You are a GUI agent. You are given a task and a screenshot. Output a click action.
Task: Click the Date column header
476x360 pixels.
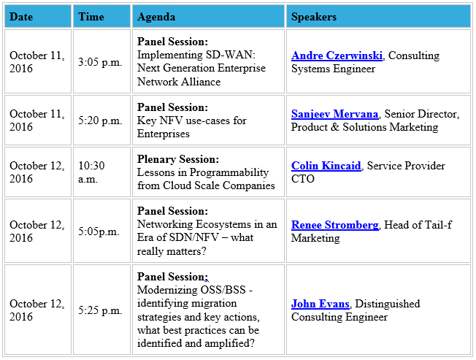[21, 17]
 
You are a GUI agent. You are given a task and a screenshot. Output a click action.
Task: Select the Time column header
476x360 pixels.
[91, 17]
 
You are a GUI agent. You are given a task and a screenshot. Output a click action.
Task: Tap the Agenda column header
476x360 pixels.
[156, 17]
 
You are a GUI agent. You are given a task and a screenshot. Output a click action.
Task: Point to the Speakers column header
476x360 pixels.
[314, 17]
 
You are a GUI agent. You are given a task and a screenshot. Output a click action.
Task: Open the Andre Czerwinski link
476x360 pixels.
[337, 55]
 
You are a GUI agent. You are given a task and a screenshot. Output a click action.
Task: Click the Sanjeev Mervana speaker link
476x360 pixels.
[334, 114]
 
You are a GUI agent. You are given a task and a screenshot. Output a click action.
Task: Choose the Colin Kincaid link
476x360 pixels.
[326, 166]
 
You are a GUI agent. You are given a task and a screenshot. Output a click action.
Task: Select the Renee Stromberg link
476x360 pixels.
[334, 225]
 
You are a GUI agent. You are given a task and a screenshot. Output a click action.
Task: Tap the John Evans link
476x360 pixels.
[320, 304]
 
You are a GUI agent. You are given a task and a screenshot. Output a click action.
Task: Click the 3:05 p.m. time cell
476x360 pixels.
[101, 62]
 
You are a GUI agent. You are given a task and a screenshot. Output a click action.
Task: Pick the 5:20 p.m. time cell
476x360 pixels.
[101, 120]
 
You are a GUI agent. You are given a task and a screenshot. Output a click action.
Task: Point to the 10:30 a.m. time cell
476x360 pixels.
[92, 172]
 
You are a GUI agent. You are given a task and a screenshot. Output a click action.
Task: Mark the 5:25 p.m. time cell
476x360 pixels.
[101, 310]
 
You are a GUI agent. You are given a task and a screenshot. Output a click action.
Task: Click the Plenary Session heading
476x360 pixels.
[178, 159]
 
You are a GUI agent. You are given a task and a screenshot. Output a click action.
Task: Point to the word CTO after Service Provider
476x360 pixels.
[303, 179]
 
